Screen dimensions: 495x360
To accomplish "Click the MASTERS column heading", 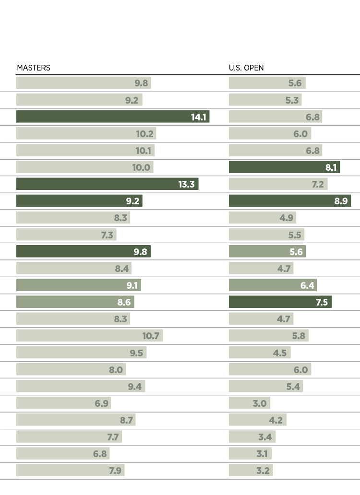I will [x=34, y=68].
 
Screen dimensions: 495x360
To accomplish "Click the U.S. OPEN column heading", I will [x=246, y=68].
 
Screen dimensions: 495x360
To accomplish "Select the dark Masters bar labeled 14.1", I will [x=112, y=117].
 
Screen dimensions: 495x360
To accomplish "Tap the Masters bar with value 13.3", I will [x=107, y=184].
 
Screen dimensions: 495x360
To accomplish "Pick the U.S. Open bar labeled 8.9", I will [x=289, y=201].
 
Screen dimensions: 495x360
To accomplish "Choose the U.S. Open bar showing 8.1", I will [x=284, y=167].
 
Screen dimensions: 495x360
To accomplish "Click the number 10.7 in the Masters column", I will [x=151, y=336].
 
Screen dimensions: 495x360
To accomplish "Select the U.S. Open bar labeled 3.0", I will [x=249, y=403].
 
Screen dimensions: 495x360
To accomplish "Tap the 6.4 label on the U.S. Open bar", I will [x=307, y=285].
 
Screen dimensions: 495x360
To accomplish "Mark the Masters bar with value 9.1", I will [x=78, y=285].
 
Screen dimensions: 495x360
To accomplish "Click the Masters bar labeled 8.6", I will [x=75, y=302].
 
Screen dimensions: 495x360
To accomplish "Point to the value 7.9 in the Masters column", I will [x=115, y=471].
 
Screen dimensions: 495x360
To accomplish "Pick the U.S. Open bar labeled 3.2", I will [x=251, y=471].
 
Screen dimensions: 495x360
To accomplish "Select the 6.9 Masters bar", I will [x=63, y=403].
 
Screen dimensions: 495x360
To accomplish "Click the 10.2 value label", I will [x=145, y=134].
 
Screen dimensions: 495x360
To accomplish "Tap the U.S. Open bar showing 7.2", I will [x=278, y=184].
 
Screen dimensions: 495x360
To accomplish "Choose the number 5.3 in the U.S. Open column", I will [x=292, y=100].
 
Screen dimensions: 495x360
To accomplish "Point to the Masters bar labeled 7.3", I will [x=66, y=235].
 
